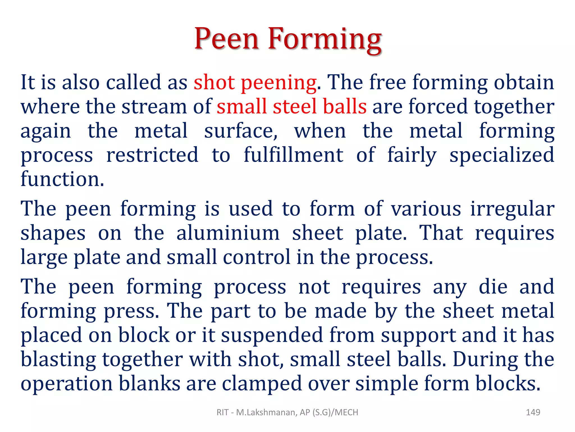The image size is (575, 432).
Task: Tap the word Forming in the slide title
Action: tap(325, 39)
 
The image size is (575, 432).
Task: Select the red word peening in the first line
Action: tap(279, 83)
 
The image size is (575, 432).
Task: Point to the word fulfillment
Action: tap(293, 155)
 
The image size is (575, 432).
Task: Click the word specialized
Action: tap(502, 156)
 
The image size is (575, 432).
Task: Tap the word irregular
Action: tap(512, 209)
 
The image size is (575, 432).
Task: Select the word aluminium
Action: tap(228, 233)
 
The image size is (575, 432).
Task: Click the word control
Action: tap(256, 257)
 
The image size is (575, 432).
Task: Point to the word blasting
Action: tap(58, 360)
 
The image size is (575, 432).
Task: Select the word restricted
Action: tap(152, 155)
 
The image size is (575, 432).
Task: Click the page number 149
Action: tap(533, 412)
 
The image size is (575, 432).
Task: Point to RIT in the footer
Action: tap(222, 412)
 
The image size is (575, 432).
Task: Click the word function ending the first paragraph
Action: tap(62, 179)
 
